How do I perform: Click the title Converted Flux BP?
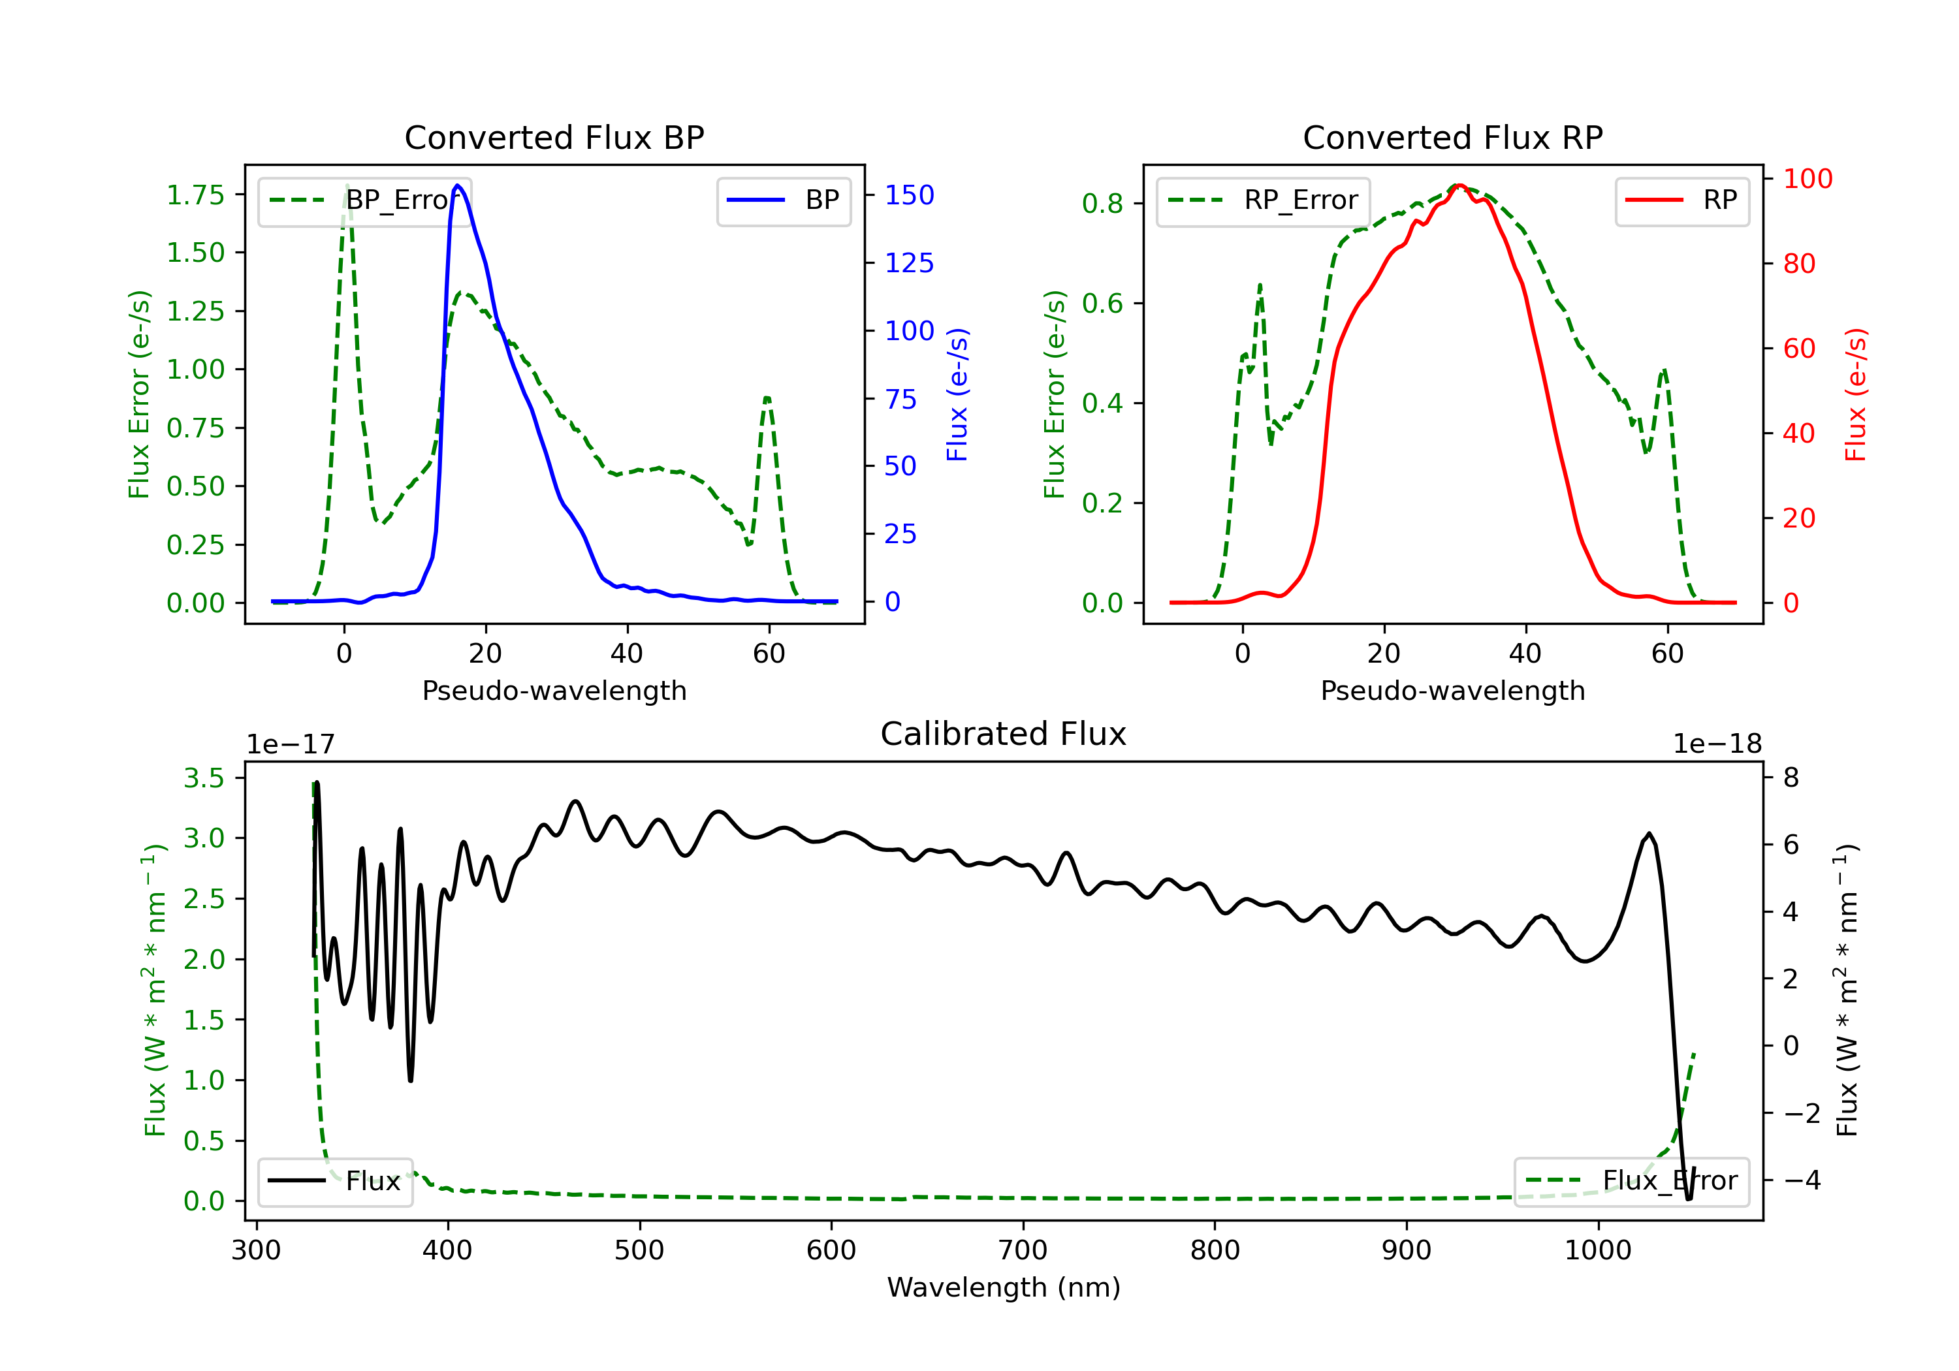click(554, 137)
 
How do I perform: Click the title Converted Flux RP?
click(1452, 137)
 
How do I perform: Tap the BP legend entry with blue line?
click(783, 200)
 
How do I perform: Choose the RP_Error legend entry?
click(1263, 200)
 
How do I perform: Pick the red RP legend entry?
click(1681, 200)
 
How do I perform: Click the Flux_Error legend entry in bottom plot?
click(1631, 1181)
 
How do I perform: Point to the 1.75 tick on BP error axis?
click(195, 195)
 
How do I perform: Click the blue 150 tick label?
click(909, 195)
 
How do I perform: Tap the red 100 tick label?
click(1807, 179)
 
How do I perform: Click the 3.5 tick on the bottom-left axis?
click(204, 778)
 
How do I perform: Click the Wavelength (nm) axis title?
click(1004, 1287)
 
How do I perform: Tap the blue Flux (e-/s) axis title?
click(957, 394)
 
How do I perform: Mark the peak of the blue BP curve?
click(457, 185)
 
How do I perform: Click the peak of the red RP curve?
click(1460, 185)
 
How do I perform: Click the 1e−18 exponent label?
click(1717, 744)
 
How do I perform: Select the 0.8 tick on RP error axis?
click(1102, 204)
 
